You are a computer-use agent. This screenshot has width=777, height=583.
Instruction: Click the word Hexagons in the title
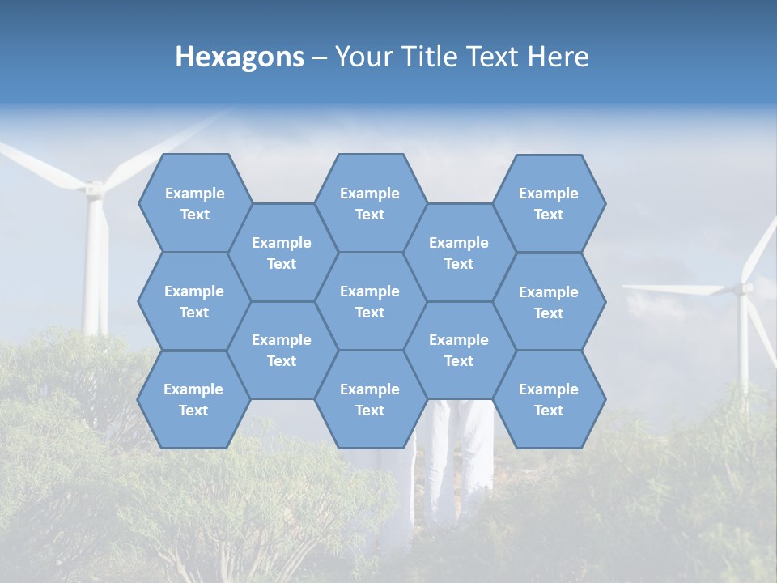[240, 57]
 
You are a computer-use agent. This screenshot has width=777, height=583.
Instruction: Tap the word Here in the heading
[558, 57]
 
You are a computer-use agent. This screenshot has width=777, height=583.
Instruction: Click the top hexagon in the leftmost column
[194, 203]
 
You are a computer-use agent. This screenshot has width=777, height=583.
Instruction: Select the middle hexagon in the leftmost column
[194, 301]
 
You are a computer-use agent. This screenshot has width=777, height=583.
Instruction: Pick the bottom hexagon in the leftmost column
[193, 399]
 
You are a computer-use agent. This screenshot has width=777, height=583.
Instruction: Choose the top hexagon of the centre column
[370, 203]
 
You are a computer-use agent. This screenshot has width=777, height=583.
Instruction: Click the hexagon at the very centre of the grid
[370, 301]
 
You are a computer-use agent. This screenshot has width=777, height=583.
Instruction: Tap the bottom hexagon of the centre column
[370, 399]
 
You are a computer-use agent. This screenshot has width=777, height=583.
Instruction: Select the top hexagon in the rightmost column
[549, 203]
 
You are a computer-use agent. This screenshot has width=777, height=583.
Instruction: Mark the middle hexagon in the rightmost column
[549, 302]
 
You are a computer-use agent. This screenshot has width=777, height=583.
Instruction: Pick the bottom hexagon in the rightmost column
[549, 399]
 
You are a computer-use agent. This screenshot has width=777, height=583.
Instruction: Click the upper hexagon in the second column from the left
[282, 253]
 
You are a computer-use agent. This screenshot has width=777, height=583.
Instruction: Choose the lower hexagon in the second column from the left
[282, 350]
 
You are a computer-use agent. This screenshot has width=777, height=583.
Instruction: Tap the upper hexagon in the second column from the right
[459, 253]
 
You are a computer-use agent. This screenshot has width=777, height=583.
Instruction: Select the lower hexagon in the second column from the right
[459, 350]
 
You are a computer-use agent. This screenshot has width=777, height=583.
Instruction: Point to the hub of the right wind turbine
[743, 287]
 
